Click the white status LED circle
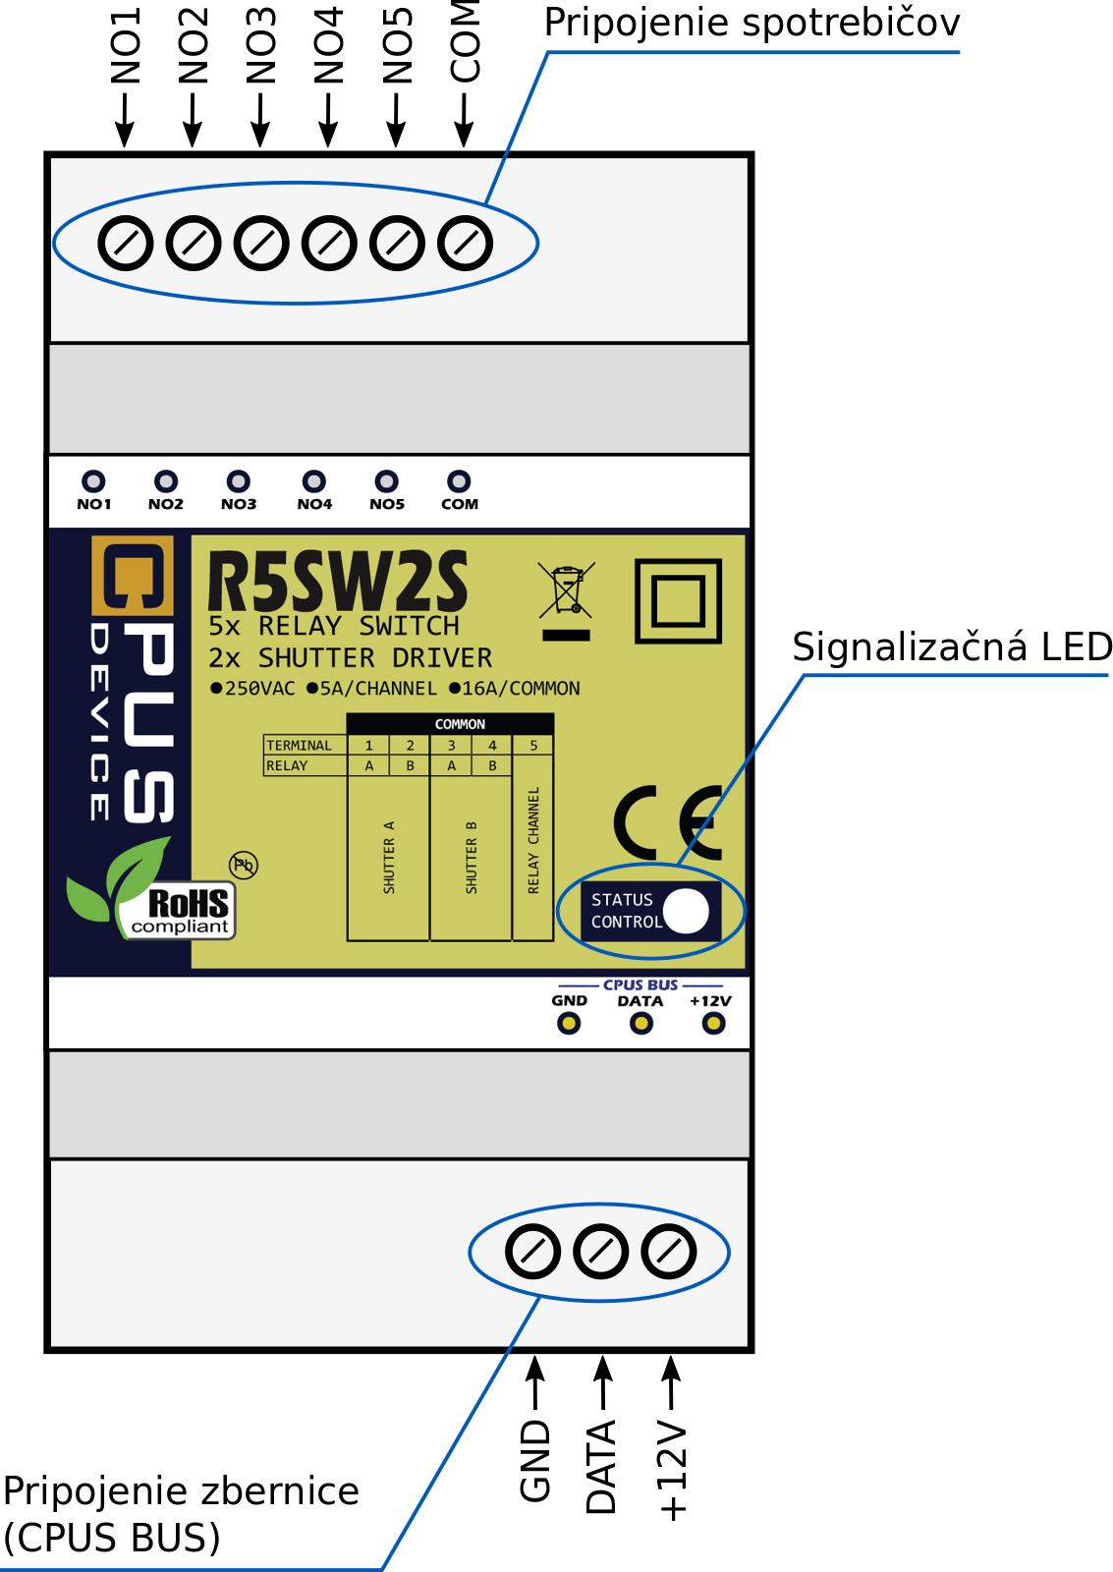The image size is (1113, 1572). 686,911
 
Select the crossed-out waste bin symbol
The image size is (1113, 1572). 567,600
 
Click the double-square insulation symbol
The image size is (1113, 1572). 678,600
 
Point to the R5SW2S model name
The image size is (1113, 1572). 338,581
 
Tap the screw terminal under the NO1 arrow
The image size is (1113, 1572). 126,244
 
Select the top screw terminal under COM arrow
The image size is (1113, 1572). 465,244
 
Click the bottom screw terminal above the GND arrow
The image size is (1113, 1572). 532,1252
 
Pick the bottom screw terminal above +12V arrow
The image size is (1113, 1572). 669,1252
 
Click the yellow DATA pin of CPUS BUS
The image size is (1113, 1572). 640,1024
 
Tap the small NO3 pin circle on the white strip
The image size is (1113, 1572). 239,481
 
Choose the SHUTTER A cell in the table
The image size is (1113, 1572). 388,858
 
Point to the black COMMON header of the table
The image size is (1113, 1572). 450,723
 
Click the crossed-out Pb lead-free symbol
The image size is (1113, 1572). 244,865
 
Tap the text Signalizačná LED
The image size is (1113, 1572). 952,647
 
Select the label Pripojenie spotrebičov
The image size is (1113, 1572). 751,24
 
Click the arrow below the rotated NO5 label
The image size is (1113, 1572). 397,121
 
